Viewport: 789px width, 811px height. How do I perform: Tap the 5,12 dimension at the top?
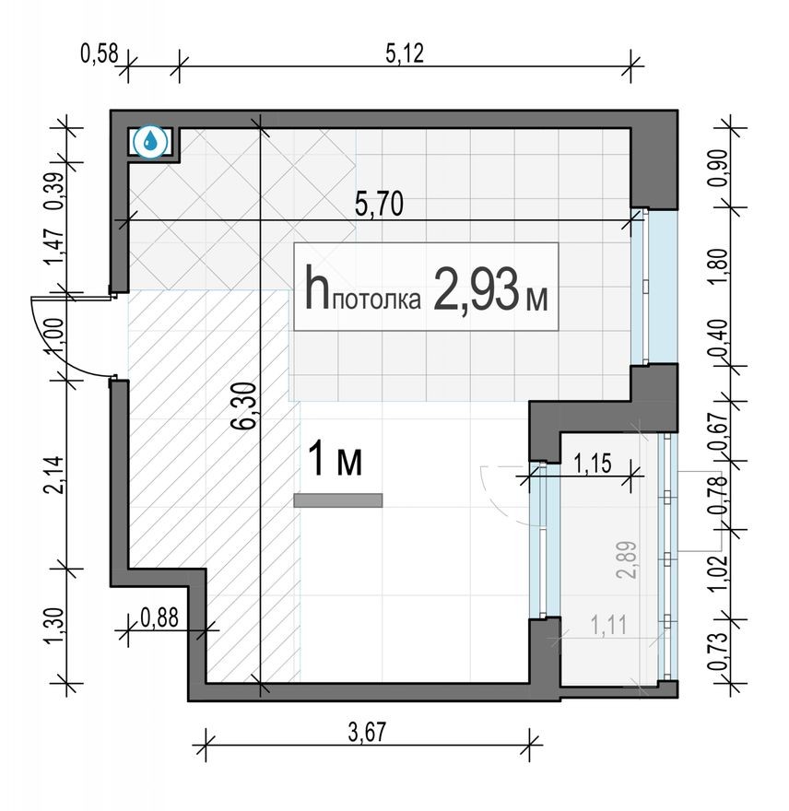[404, 54]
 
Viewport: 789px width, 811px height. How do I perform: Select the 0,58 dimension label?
[100, 54]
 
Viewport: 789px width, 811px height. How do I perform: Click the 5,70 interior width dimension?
[379, 206]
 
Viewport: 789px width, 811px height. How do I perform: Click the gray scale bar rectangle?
[337, 500]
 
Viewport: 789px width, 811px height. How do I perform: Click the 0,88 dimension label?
[159, 617]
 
